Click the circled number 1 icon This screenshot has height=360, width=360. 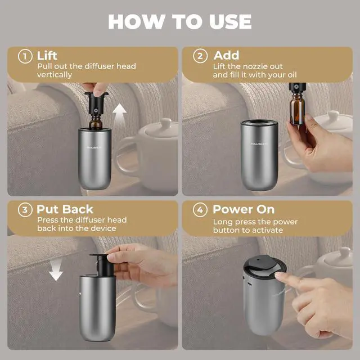point(25,56)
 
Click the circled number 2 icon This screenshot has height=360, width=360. point(200,56)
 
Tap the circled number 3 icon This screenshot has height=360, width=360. point(25,210)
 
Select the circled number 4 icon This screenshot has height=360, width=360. point(200,210)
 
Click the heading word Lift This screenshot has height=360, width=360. point(47,56)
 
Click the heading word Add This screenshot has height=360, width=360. point(226,55)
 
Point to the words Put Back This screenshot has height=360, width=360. point(65,209)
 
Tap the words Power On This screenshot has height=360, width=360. point(244,209)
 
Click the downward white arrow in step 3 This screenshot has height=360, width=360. point(56,269)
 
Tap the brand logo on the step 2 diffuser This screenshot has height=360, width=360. point(259,144)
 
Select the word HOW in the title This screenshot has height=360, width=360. point(137,21)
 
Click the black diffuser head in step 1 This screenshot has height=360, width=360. point(96,103)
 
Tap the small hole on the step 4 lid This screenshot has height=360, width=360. point(258,260)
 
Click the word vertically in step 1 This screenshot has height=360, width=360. point(55,75)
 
